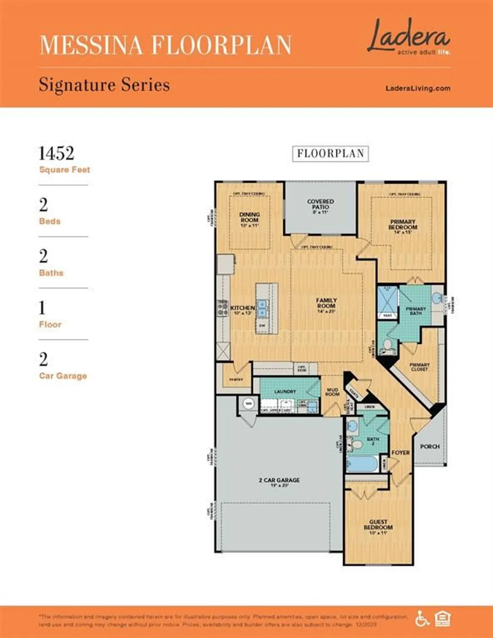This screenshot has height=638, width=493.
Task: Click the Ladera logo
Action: pyautogui.click(x=408, y=37)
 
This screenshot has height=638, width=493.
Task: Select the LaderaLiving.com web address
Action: pyautogui.click(x=418, y=88)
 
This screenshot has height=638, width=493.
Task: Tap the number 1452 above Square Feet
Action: pyautogui.click(x=56, y=154)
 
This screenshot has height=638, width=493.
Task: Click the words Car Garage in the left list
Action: pyautogui.click(x=63, y=376)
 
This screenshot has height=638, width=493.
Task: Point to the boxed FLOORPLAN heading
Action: pyautogui.click(x=330, y=154)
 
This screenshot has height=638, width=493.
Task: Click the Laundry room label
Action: pyautogui.click(x=285, y=391)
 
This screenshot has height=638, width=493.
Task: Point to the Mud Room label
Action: pyautogui.click(x=332, y=392)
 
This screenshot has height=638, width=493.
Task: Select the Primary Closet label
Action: pyautogui.click(x=419, y=367)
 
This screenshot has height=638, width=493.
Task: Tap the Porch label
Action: pyautogui.click(x=430, y=446)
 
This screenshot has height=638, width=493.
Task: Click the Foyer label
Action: pyautogui.click(x=401, y=453)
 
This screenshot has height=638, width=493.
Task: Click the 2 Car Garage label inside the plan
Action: pyautogui.click(x=279, y=481)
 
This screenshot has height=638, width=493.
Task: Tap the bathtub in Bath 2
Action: pyautogui.click(x=362, y=464)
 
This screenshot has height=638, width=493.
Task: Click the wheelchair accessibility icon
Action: pyautogui.click(x=422, y=618)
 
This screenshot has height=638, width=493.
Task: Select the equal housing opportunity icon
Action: pyautogui.click(x=442, y=618)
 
